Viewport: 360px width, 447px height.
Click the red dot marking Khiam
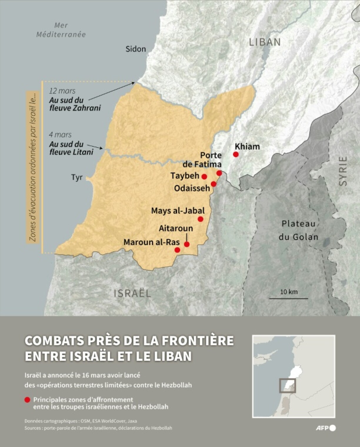click(236, 154)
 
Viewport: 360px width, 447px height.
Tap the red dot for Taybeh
click(204, 177)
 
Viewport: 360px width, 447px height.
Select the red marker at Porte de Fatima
click(219, 173)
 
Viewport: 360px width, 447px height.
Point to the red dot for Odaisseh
click(214, 184)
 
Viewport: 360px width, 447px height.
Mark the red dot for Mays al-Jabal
click(201, 219)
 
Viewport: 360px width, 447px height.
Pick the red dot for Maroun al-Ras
click(177, 250)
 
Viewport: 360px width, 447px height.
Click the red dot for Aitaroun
click(187, 244)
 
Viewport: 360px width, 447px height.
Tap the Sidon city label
click(136, 49)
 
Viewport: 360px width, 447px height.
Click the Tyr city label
click(77, 178)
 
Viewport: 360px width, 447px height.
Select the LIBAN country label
click(265, 42)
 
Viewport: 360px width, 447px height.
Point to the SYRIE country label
click(343, 171)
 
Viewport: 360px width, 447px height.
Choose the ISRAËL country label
click(132, 293)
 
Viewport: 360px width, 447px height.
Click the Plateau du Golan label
click(298, 230)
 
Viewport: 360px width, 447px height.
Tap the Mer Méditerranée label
click(61, 30)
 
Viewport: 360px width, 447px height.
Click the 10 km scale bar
click(289, 298)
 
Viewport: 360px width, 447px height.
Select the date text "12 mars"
click(62, 91)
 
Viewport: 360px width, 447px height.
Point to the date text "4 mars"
click(60, 135)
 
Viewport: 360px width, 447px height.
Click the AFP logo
click(326, 428)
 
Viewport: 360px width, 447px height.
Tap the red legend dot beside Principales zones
click(27, 400)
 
